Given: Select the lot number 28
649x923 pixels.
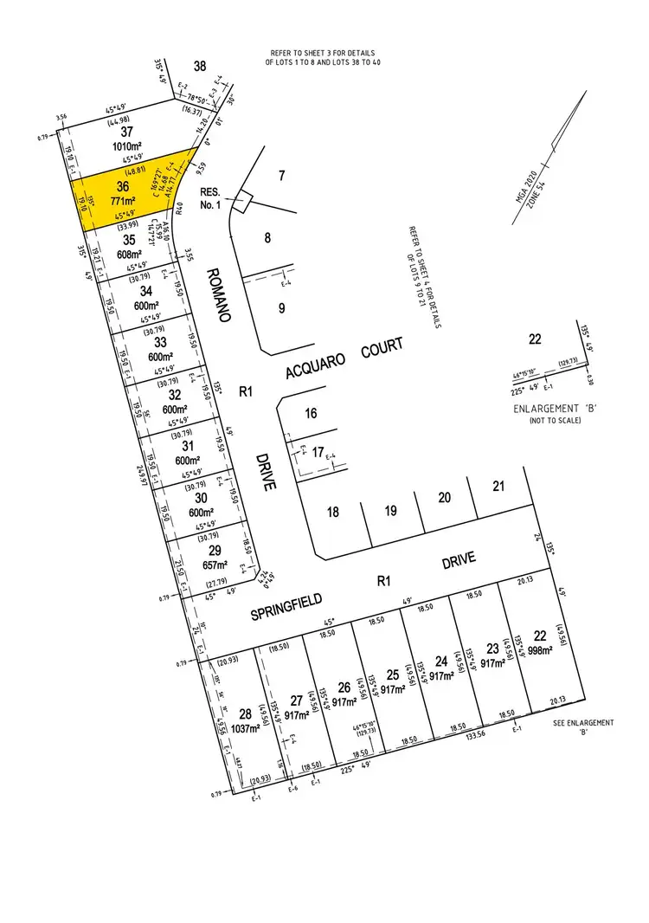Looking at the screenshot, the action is coord(244,713).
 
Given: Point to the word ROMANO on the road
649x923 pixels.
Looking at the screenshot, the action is coord(217,294).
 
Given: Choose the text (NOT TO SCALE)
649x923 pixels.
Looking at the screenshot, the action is coord(555,420).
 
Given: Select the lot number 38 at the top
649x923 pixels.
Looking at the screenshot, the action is coord(200,67).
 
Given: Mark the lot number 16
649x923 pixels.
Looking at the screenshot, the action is coord(311,414).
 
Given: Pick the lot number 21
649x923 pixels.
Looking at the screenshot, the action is coord(498,487).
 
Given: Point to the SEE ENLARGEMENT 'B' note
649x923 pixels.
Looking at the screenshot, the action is coord(584,727).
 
